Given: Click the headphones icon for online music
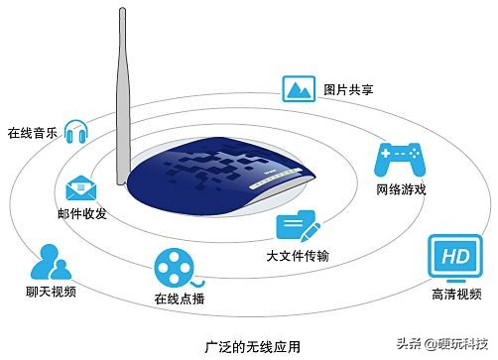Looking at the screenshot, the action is pyautogui.click(x=76, y=130).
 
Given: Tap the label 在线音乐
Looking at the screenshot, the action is pyautogui.click(x=31, y=133).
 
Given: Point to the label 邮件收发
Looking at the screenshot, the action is pyautogui.click(x=81, y=213).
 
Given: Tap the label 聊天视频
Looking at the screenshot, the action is pyautogui.click(x=51, y=293).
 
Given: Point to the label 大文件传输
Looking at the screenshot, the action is pyautogui.click(x=297, y=257).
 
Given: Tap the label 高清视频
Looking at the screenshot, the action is pyautogui.click(x=454, y=294).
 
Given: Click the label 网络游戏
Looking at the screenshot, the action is pyautogui.click(x=400, y=188).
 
